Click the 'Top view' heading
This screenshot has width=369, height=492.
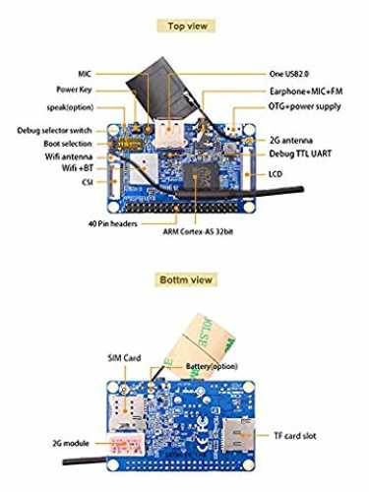pos(187,26)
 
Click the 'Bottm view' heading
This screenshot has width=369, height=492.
pos(186,279)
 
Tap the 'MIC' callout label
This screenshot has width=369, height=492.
pos(85,74)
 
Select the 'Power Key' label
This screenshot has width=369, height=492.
pos(74,90)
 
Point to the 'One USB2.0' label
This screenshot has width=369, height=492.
pos(288,74)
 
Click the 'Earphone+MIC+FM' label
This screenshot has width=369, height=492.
pos(306,91)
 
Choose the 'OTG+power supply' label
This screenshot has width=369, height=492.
pos(305,106)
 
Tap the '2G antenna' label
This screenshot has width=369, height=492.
pos(291,141)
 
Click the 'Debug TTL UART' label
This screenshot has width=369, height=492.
pos(300,154)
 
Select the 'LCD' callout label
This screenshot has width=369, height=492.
pos(276,174)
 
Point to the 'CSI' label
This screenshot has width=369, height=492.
pos(88,182)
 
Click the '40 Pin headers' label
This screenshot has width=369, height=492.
pos(112,223)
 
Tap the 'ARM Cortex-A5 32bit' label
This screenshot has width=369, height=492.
pos(198,231)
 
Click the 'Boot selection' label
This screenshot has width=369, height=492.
pos(68,144)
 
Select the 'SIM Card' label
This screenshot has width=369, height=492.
pos(124,358)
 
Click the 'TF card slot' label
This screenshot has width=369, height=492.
pos(295,436)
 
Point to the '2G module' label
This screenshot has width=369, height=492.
pos(71,444)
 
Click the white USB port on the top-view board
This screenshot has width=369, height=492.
pos(169,135)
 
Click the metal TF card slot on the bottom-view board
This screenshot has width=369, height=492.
pos(238,435)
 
